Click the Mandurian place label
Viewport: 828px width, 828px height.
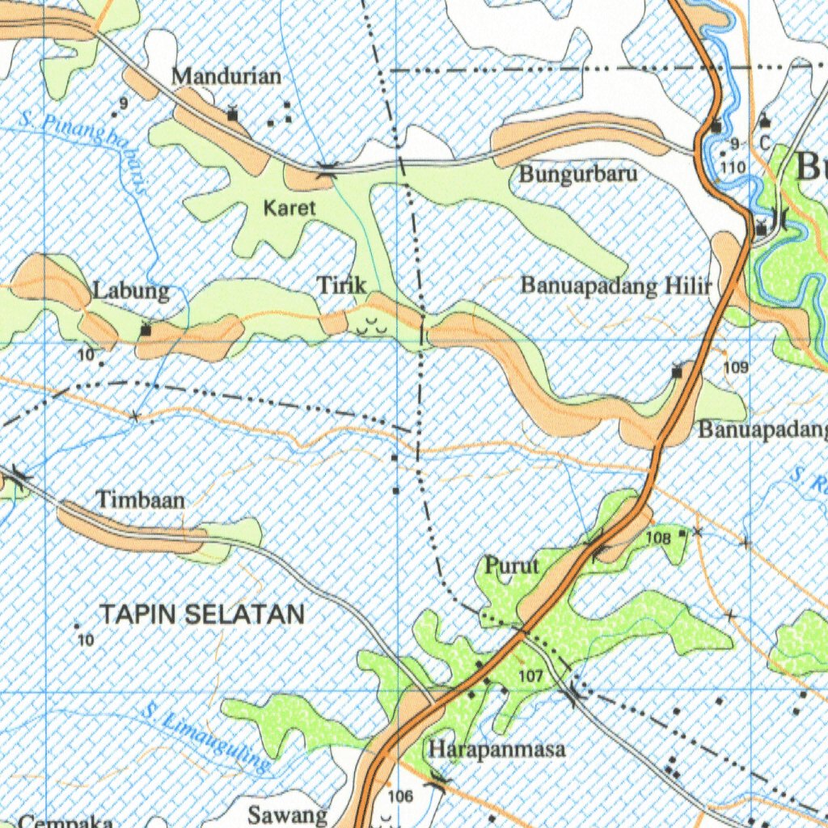click(227, 77)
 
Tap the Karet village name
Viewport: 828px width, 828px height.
click(289, 208)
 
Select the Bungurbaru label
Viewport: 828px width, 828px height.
click(578, 174)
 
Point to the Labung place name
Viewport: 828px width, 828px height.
click(131, 290)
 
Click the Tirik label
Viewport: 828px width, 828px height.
click(341, 285)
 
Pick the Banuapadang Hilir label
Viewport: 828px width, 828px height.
click(616, 285)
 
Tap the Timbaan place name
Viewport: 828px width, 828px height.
click(141, 500)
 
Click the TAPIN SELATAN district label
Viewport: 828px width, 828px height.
click(202, 615)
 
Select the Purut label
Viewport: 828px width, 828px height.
click(511, 566)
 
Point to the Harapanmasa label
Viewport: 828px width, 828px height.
click(496, 750)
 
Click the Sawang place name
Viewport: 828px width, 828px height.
click(288, 813)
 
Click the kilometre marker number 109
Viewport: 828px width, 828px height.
click(736, 367)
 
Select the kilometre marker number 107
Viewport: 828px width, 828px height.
click(530, 675)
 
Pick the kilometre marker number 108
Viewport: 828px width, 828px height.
click(658, 537)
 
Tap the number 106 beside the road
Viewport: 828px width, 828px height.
click(400, 796)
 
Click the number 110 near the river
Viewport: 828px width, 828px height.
click(733, 167)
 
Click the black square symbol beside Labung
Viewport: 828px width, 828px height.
click(146, 330)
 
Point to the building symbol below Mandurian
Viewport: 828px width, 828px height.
click(233, 115)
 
